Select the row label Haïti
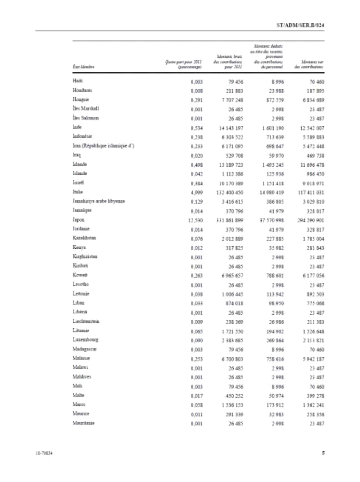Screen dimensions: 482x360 [77, 81]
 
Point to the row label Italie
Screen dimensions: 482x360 [78, 191]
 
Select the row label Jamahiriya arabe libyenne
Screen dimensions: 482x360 [98, 201]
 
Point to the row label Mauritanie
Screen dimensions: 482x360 [83, 423]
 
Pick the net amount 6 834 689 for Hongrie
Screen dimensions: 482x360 [310, 100]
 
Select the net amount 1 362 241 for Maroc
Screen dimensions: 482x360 [310, 405]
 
